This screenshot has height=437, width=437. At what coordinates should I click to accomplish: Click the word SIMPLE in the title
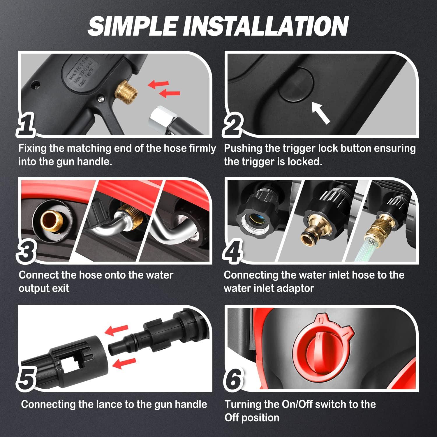133,26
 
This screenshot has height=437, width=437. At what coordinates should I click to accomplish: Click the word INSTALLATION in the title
266,26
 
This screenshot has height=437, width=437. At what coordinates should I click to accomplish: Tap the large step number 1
26,125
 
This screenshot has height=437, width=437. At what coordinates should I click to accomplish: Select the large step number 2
233,126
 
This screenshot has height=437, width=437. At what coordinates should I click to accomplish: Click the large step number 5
27,379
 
